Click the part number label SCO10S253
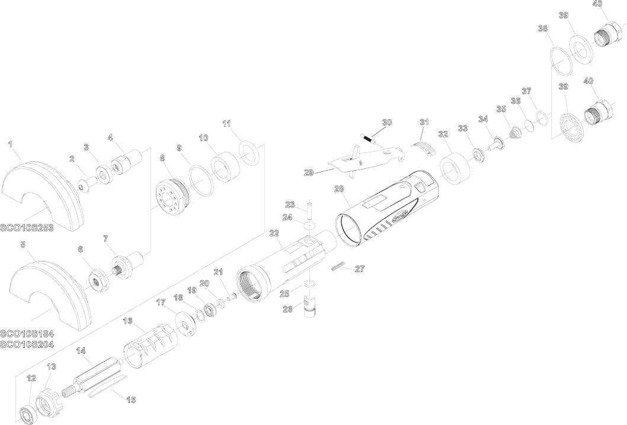[27, 228]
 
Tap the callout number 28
[339, 188]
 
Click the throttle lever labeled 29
[364, 160]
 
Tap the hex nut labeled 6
[97, 281]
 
